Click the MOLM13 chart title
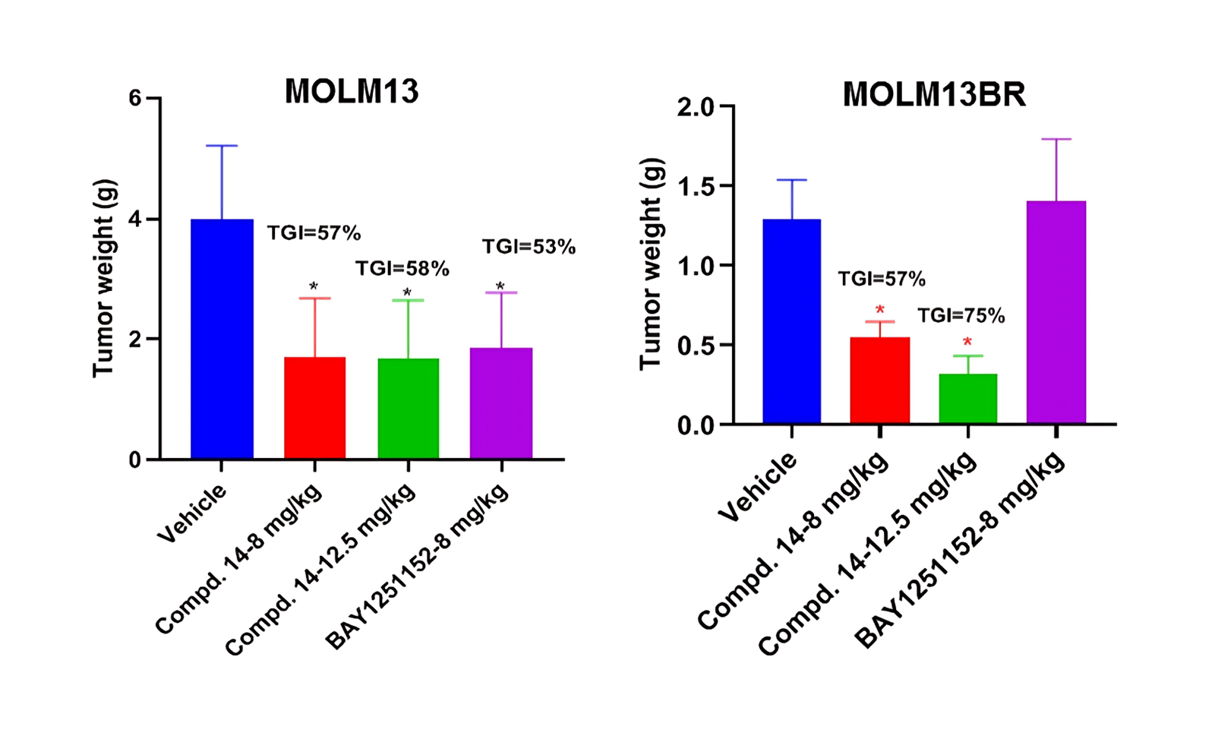[352, 92]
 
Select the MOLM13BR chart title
[934, 95]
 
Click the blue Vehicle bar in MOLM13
[222, 339]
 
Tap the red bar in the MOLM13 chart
[314, 408]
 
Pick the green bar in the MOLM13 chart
[408, 409]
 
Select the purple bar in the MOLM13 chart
[501, 403]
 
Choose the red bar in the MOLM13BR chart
[879, 380]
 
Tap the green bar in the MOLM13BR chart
[967, 398]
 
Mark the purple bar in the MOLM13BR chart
[1056, 311]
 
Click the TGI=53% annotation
[529, 247]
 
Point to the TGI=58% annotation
[402, 268]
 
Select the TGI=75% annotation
[961, 315]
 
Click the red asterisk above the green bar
[967, 342]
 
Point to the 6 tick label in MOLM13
[135, 98]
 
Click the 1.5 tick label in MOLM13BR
[696, 186]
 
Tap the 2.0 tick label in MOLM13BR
[696, 107]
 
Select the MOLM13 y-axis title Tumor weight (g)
[104, 278]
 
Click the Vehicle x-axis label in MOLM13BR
[758, 487]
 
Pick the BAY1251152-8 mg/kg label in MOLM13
[417, 567]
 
